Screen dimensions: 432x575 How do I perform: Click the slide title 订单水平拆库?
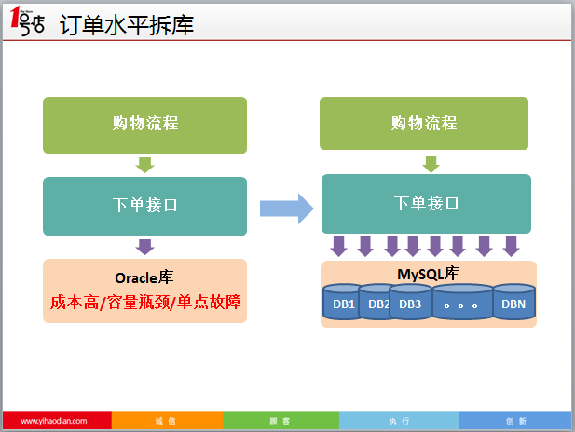point(127,25)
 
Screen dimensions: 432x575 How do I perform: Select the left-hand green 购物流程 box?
point(144,124)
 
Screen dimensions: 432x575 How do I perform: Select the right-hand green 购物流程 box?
point(425,123)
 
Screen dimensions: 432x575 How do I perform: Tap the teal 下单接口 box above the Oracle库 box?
point(144,206)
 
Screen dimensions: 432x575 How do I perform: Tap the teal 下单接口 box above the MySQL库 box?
point(427,203)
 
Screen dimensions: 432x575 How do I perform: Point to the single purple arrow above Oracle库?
point(144,247)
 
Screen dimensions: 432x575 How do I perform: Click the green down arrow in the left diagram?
point(144,165)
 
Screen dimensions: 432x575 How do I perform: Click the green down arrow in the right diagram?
point(431,164)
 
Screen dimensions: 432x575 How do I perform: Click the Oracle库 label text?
point(144,277)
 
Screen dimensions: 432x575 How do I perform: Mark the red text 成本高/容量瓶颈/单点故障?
point(144,303)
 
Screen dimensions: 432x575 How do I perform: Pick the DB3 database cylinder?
point(411,304)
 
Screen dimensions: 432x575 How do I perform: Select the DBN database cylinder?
point(513,304)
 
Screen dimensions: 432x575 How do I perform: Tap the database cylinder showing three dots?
point(462,304)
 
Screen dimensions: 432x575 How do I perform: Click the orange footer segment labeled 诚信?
point(166,421)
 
